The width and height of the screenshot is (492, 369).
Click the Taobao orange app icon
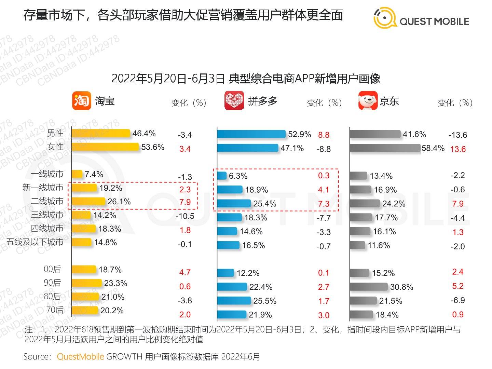point(81,101)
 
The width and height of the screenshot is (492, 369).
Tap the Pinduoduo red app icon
point(234,101)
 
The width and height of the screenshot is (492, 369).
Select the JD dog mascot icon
point(368,101)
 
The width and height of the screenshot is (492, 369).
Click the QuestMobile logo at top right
point(421,19)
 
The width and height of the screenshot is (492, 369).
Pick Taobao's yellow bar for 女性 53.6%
point(106,147)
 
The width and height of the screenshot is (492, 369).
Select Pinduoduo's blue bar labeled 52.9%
point(251,134)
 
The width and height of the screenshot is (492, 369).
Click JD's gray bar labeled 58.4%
point(385,148)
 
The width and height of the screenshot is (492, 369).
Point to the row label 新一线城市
point(43,188)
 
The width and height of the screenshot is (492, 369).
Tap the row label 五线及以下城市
point(35,242)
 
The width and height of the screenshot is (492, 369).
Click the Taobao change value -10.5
point(185,216)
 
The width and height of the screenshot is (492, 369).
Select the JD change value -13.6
point(457,135)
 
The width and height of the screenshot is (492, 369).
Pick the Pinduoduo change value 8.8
point(324,135)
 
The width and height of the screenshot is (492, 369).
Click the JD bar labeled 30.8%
point(369,287)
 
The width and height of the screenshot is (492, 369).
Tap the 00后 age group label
point(52,269)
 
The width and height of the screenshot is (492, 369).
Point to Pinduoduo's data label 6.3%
point(238,176)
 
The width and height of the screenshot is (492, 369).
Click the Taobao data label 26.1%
point(119,202)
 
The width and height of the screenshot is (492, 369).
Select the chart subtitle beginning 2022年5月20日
point(246,79)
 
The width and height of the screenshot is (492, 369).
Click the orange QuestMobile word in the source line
point(80,357)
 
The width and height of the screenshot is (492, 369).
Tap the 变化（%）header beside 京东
point(455,102)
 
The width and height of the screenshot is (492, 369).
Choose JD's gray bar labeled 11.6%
point(357,245)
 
